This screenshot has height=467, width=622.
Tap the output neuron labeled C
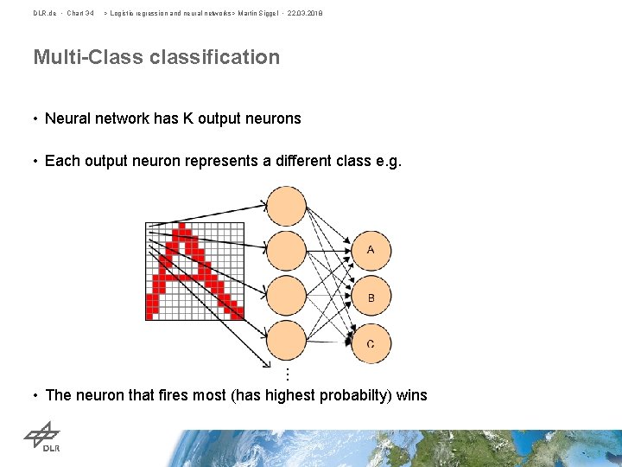(x=371, y=343)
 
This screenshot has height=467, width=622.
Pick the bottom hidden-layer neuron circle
(x=286, y=342)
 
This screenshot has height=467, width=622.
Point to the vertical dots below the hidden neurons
(x=287, y=373)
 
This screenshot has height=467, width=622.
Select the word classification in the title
(x=216, y=58)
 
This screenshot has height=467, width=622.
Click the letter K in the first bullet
(x=187, y=118)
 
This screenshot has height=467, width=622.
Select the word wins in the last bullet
(x=412, y=395)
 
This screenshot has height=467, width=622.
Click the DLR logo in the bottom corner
(x=41, y=437)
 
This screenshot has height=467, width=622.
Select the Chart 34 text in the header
(x=80, y=13)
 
